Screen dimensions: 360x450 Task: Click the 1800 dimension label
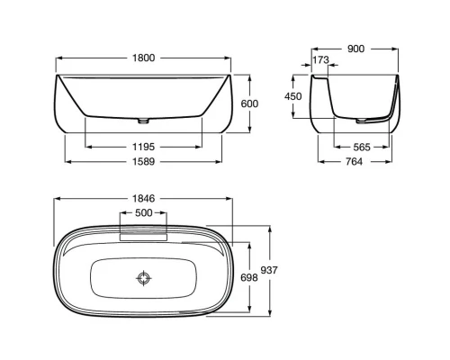click(143, 58)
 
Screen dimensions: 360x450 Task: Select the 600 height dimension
click(250, 103)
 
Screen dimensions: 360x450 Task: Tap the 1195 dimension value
click(143, 145)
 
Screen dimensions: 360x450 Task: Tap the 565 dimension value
click(363, 146)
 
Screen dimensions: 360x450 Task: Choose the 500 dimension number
click(143, 214)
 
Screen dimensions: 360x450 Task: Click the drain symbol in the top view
click(143, 278)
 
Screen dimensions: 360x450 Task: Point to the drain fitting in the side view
click(362, 120)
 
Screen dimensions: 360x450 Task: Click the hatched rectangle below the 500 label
click(143, 232)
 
